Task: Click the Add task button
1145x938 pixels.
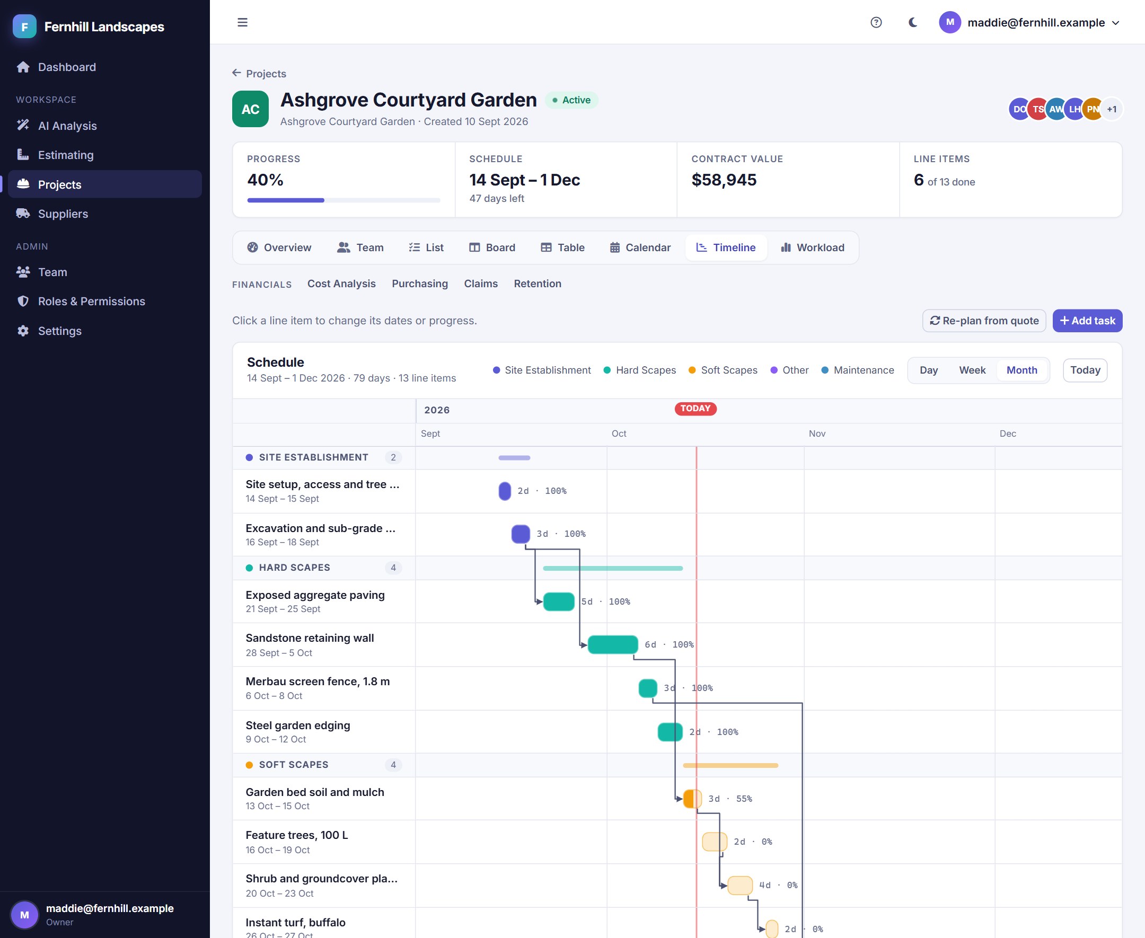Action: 1087,321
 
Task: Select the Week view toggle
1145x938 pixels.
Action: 972,370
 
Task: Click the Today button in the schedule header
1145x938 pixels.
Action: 1085,370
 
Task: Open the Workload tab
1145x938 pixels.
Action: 812,247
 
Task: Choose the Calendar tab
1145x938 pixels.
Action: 640,247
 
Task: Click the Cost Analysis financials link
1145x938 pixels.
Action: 341,284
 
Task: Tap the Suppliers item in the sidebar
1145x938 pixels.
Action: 63,214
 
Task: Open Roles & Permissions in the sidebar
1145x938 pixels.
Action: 91,301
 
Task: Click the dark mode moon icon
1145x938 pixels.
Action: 913,22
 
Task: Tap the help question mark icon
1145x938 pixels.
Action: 876,22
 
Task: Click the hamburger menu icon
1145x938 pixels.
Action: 242,22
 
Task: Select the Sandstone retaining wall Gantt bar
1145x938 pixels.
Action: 612,644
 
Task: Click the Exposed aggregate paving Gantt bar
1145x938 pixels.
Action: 558,601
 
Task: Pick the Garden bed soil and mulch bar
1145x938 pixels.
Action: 692,799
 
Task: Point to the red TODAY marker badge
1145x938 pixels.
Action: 695,409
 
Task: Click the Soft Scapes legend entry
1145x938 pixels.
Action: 723,370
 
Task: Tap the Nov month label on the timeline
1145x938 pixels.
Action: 816,433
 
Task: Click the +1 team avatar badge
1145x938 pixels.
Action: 1111,109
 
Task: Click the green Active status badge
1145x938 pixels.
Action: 571,100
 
